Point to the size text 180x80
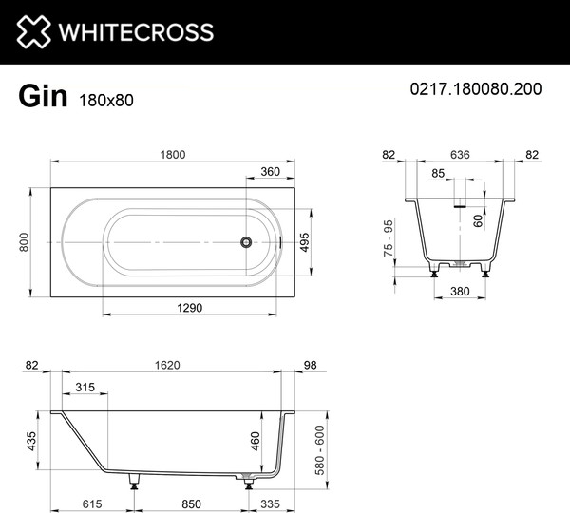pos(99,97)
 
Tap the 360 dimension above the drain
pos(270,173)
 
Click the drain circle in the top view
pos(245,242)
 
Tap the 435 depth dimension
pos(31,441)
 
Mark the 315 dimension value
pos(85,387)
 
